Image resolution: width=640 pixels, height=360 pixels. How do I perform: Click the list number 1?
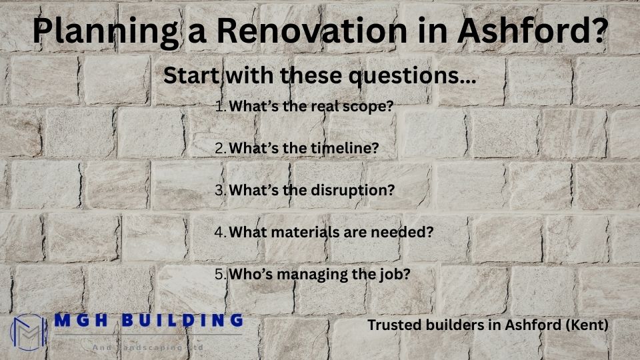[x=221, y=106]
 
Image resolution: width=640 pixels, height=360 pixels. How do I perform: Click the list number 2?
[x=221, y=148]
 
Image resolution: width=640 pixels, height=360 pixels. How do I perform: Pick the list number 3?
[x=221, y=189]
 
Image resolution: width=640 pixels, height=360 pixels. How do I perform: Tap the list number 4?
[x=221, y=231]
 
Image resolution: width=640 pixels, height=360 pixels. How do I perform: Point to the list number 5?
[x=221, y=273]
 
